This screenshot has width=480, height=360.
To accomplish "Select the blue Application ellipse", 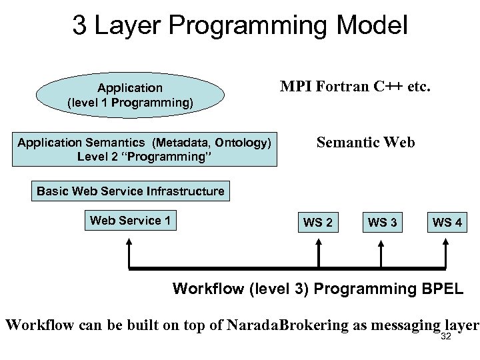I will pos(130,95).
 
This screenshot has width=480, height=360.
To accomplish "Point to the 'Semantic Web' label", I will pos(365,143).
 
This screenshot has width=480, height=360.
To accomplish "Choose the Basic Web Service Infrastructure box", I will pos(131,191).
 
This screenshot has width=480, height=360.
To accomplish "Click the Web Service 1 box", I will pos(130,221).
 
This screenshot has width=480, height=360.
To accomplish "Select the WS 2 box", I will pos(318,223).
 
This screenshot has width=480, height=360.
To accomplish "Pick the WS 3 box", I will pos(383,223).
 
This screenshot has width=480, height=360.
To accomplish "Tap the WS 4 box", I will pos(447,223).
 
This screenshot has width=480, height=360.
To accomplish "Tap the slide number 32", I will pos(446,335).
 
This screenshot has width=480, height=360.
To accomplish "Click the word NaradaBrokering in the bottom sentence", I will pos(287,326).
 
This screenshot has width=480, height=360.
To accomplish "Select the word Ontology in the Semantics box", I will pos(244,143).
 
